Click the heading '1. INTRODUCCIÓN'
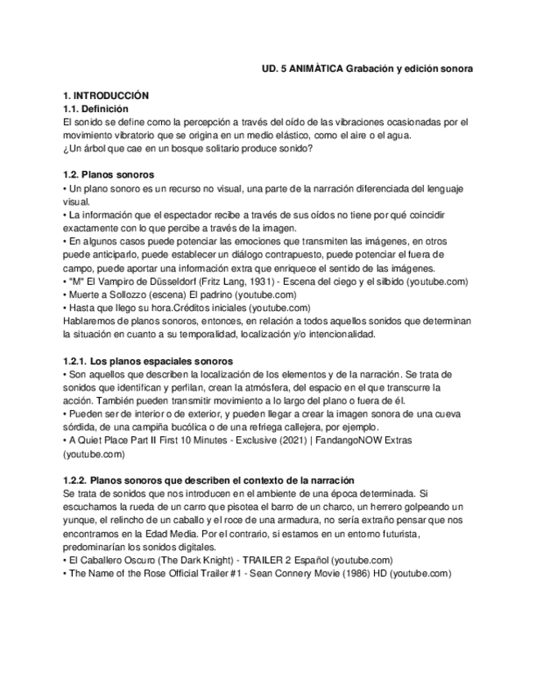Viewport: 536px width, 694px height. tap(106, 96)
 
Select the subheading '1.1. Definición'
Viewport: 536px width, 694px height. tap(96, 109)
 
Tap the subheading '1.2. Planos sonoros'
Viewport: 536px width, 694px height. tap(109, 175)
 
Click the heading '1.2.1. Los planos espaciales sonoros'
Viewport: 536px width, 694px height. tap(148, 361)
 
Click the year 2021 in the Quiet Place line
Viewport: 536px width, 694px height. tap(302, 439)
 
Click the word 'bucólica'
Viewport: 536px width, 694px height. tap(189, 426)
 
